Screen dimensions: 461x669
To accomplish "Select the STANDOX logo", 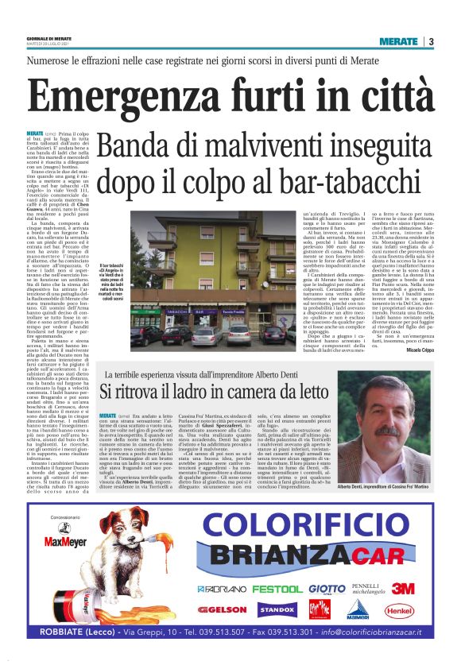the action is tap(277, 610).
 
